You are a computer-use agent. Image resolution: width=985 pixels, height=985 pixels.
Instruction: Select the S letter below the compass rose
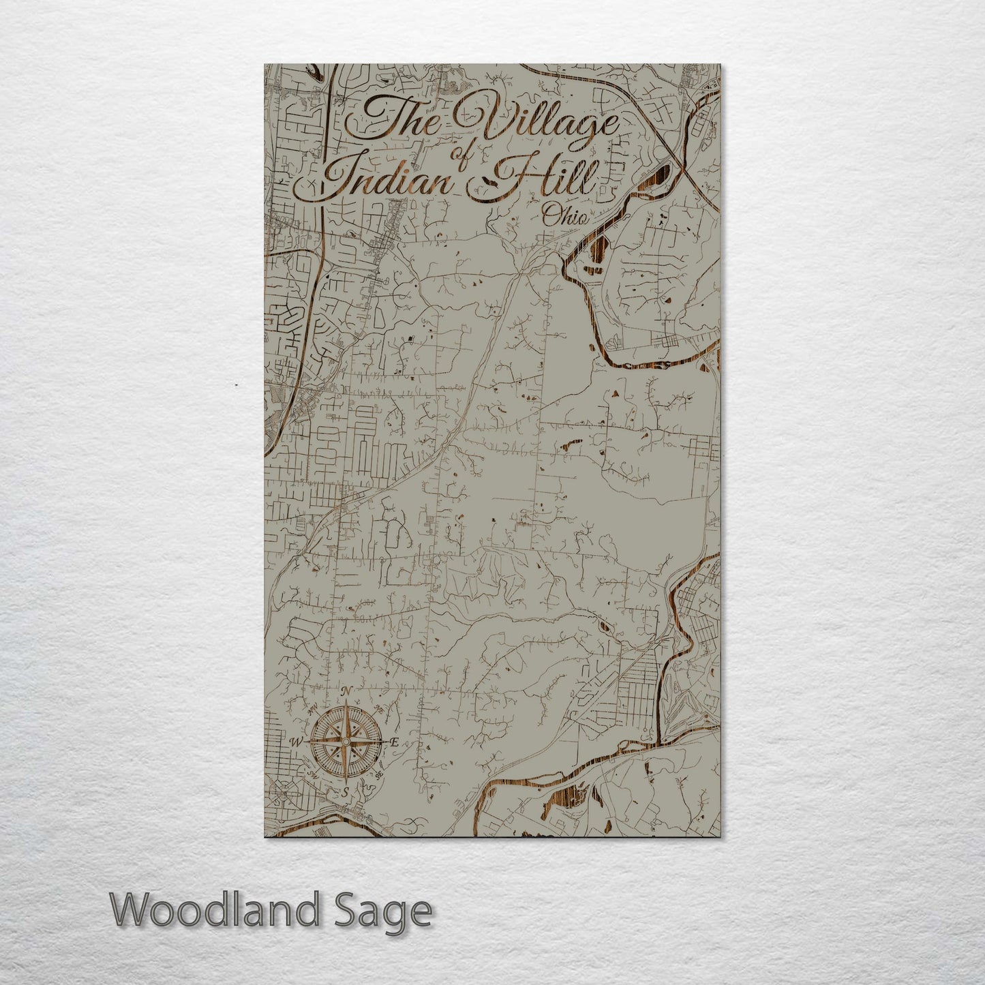click(x=346, y=791)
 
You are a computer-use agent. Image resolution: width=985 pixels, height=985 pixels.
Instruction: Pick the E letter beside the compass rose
click(x=394, y=742)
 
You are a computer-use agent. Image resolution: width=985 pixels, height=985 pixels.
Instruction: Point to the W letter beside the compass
click(x=297, y=742)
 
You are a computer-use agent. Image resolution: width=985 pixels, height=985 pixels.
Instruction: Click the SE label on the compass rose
click(x=380, y=775)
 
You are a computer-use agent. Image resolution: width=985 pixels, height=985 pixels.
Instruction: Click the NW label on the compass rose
click(x=313, y=709)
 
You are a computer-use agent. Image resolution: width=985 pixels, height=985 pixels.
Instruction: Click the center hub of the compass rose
click(x=346, y=742)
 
